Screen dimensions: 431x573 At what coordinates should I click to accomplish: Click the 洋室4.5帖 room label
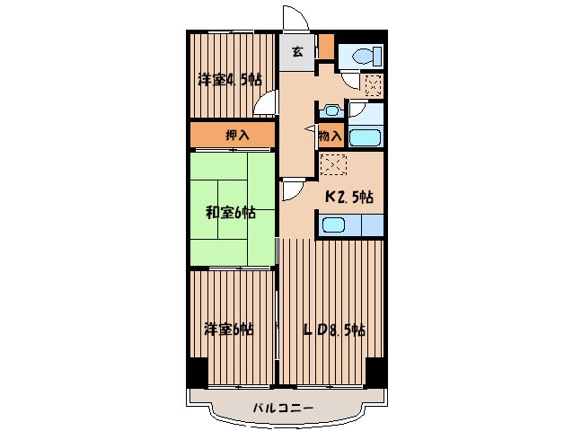[x=229, y=80]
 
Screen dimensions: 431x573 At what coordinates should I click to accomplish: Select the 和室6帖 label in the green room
[x=229, y=213]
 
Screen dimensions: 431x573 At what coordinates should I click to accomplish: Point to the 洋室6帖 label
[x=228, y=329]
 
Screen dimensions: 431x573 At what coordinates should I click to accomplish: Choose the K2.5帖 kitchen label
[x=348, y=197]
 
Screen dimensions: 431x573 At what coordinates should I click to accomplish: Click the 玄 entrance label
[x=296, y=51]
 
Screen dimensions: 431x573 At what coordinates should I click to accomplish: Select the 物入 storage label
[x=329, y=136]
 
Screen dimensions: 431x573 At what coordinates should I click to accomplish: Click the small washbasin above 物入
[x=331, y=110]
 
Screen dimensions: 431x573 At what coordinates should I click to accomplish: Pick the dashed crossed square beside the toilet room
[x=372, y=84]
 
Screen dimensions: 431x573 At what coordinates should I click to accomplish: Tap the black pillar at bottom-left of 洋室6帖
[x=195, y=371]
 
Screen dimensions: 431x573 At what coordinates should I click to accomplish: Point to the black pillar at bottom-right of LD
[x=375, y=371]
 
